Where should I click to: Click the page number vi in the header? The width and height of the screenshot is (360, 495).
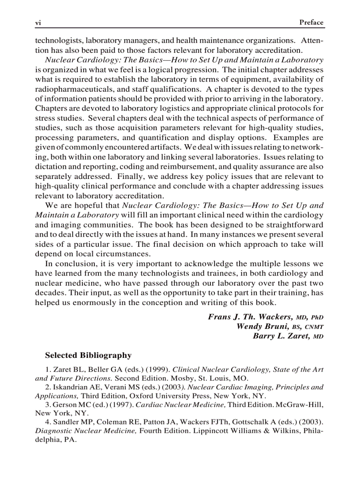[38, 22]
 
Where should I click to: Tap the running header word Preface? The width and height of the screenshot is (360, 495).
[311, 22]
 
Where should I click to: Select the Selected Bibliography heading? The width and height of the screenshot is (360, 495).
[88, 355]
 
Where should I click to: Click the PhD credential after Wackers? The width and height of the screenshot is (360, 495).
[317, 317]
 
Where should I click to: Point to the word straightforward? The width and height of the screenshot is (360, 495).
[293, 225]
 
